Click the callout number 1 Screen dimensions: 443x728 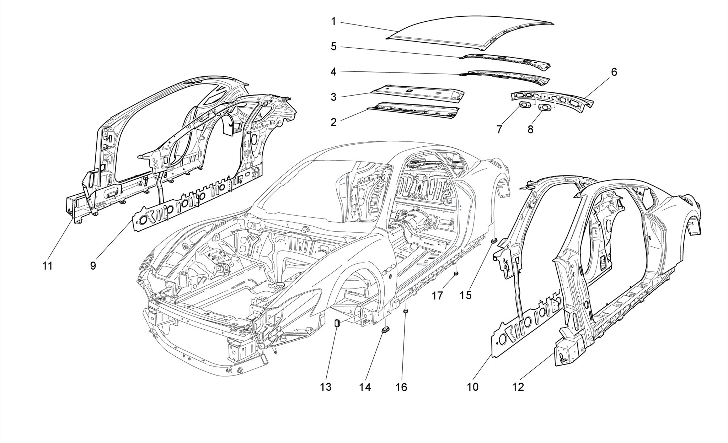coord(333,22)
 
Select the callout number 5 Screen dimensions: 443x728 coord(333,47)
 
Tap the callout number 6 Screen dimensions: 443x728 coord(614,72)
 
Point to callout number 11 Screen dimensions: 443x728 coord(47,266)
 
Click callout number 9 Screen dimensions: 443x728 coord(93,266)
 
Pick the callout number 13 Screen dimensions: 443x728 coord(326,387)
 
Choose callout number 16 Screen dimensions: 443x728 coord(401,387)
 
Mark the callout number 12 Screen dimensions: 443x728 coord(518,387)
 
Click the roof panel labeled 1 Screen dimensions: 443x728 coord(462,36)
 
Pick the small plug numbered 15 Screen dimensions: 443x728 coord(493,241)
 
